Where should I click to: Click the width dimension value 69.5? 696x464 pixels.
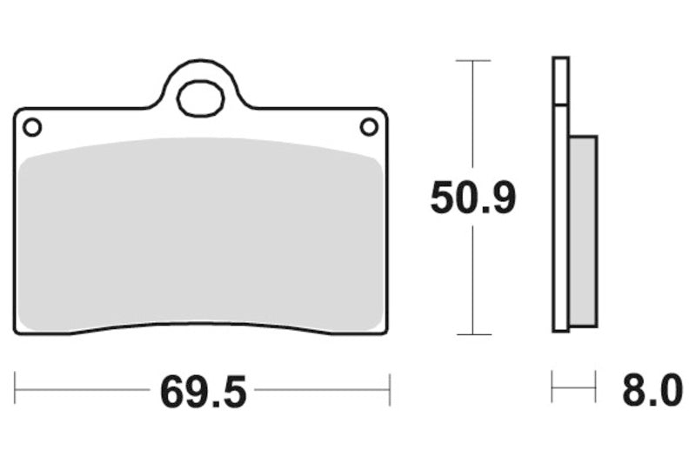coord(203,392)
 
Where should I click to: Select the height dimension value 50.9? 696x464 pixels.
coord(473,199)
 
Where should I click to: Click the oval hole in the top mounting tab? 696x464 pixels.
coord(199,98)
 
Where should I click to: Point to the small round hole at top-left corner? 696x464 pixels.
coord(32,128)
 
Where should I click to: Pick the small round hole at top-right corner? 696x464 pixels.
coord(369,127)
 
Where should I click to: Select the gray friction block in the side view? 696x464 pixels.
coord(583,231)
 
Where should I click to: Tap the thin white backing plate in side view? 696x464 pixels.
coord(560,218)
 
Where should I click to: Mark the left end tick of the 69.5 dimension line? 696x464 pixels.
coord(16,389)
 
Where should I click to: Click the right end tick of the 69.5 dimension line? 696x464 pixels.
coord(389,389)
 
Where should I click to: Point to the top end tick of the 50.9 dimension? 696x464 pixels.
coord(472,61)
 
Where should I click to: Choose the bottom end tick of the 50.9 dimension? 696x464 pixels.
coord(472,334)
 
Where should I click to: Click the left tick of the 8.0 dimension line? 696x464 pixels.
coord(552,386)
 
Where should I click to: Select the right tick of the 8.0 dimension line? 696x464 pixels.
coord(595,386)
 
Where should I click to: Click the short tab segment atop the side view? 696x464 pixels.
coord(560,81)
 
